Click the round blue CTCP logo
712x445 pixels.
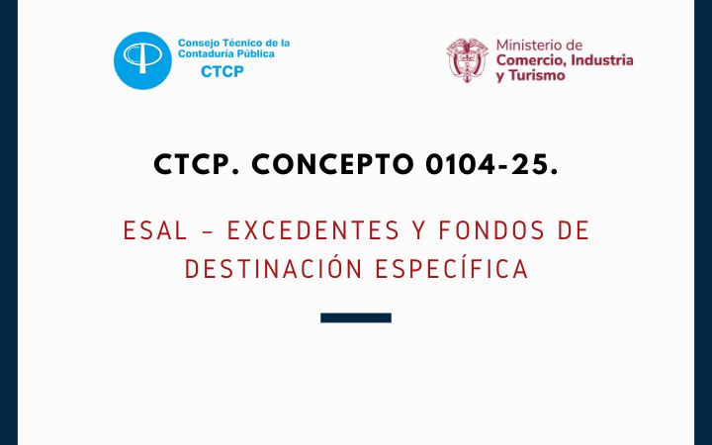142,60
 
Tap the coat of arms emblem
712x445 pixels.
467,60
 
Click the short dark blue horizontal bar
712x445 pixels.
356,317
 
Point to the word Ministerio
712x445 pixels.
539,45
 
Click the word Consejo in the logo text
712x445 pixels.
198,44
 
